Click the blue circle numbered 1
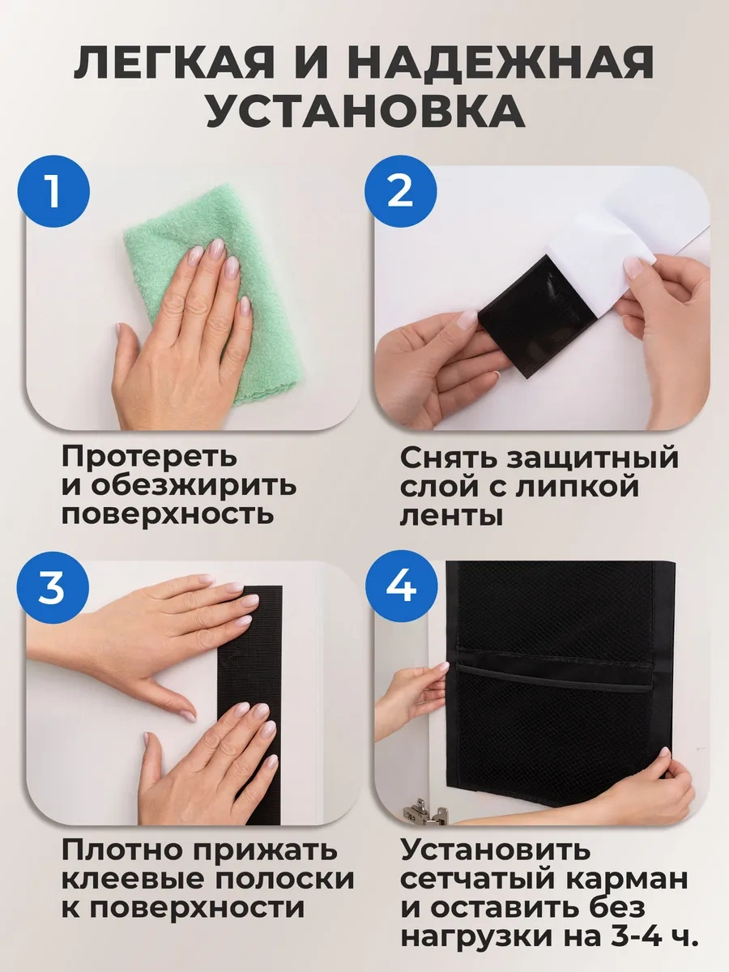53,191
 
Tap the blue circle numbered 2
401,191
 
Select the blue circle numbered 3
53,587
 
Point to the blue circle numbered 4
402,586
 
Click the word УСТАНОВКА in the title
366,110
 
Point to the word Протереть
150,457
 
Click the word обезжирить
194,484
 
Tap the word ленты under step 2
452,515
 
